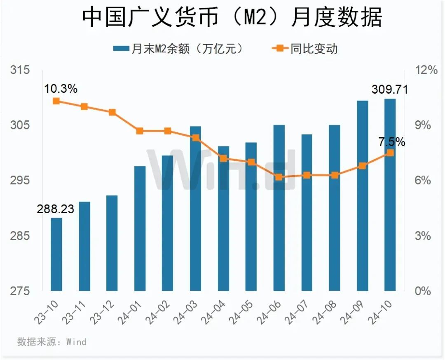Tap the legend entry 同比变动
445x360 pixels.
pos(305,49)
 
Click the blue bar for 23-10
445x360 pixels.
pos(56,254)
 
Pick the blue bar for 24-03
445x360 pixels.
pos(195,208)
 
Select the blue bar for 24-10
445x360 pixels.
pos(390,195)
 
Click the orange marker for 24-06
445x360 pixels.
pos(279,177)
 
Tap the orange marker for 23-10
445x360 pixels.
pos(56,101)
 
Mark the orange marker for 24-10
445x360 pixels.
pos(390,153)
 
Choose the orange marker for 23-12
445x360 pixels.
pos(112,112)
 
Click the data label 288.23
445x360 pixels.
pos(55,209)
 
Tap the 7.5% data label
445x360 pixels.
pos(392,142)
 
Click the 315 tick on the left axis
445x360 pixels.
pos(20,70)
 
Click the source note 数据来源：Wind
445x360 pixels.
pos(52,341)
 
